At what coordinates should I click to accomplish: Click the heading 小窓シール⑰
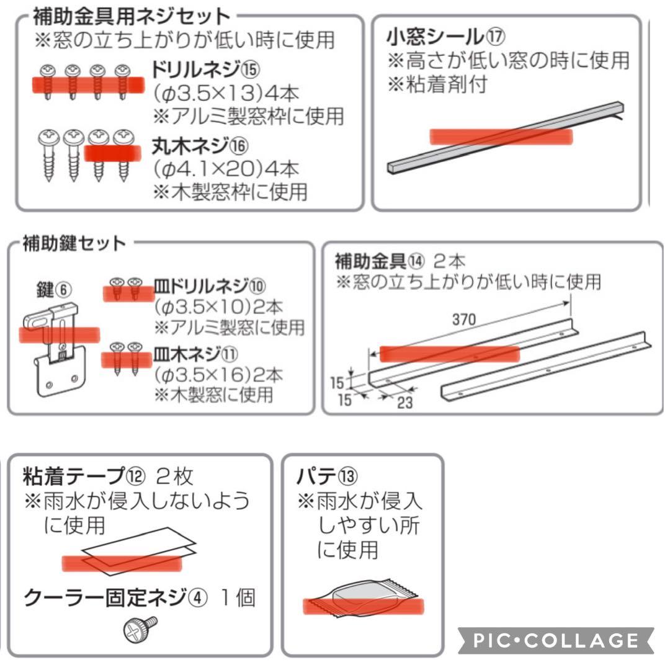pyautogui.click(x=444, y=37)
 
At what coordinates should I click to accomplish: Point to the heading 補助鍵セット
pyautogui.click(x=66, y=242)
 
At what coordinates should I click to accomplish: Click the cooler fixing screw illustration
pyautogui.click(x=141, y=630)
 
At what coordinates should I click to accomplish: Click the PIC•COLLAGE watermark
pyautogui.click(x=555, y=640)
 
